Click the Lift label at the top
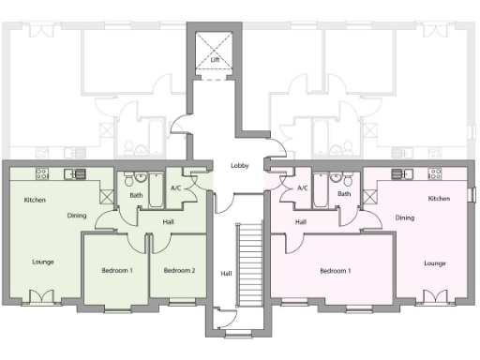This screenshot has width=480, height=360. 215,60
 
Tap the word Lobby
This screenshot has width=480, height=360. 239,166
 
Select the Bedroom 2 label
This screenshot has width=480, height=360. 179,271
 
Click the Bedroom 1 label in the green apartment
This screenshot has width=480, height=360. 117,271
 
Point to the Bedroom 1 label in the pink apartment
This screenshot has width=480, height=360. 335,271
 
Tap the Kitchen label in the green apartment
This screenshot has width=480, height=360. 35,201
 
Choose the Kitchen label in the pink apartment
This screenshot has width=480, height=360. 439,199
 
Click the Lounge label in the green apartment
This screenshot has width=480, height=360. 42,262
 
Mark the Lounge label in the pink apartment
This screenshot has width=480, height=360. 434,263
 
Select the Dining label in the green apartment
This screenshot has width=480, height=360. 78,217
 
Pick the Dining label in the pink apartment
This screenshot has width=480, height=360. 404,217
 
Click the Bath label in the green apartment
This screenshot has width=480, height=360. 136,195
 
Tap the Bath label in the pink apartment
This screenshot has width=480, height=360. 344,194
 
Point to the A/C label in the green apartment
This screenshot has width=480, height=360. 175,188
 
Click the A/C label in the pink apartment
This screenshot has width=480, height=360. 302,188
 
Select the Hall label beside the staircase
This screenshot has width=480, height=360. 225,274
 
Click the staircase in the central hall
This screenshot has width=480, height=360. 250,267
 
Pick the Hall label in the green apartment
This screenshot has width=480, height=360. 168,222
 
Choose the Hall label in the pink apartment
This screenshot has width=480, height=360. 300,222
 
